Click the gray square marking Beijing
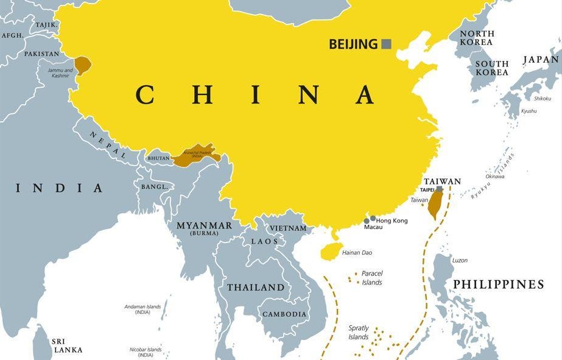point(386,44)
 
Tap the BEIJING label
point(353,44)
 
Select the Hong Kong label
point(392,221)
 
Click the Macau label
point(373,227)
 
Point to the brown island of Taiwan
point(434,204)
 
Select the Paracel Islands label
point(371,278)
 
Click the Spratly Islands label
point(359,332)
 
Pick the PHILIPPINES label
point(498,284)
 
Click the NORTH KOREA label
point(476,38)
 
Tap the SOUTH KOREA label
point(491,68)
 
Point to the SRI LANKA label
point(67,345)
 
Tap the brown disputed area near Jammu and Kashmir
point(82,65)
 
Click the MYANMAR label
point(204,226)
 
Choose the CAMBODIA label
point(284,314)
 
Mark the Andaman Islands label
point(142,309)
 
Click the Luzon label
point(460,260)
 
